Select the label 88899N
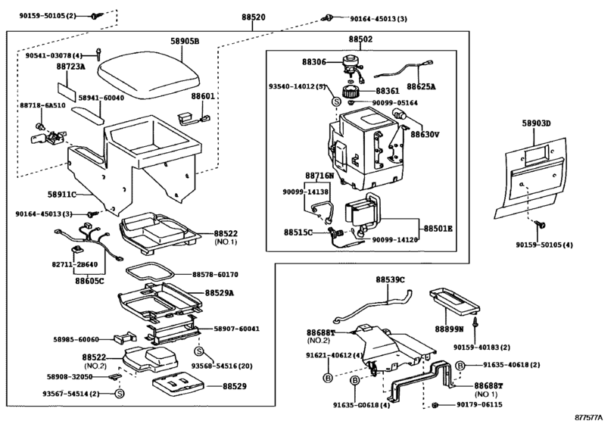(451, 330)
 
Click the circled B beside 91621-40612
(329, 378)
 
